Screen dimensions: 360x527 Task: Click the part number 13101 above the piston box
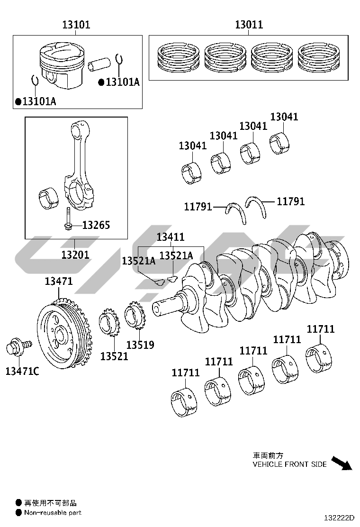76,25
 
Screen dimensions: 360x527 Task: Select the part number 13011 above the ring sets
249,25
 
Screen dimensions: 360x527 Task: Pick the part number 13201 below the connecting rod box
75,255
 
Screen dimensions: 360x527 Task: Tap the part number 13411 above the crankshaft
171,237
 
